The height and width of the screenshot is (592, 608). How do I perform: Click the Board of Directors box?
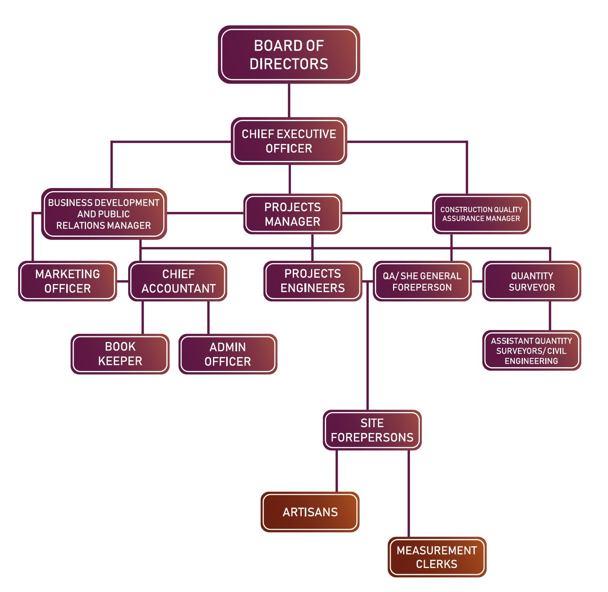289,55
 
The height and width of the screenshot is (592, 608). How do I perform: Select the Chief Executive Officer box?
289,141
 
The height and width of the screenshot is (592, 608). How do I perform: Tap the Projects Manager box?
292,214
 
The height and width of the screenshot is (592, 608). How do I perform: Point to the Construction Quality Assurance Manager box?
481,214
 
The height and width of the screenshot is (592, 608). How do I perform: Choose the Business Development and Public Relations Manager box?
103,214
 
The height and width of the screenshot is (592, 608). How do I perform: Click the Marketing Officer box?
67,281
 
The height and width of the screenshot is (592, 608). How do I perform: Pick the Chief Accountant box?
178,281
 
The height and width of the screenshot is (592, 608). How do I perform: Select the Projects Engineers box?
313,281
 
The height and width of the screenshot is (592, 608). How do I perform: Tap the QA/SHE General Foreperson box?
422,281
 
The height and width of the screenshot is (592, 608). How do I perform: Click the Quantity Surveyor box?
531,281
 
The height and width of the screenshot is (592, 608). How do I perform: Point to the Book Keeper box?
120,354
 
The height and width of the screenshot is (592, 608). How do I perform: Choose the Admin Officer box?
228,354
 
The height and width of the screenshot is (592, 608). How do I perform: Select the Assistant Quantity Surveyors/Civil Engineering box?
531,351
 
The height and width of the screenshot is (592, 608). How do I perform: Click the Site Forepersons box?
372,430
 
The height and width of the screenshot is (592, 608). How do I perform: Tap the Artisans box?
310,512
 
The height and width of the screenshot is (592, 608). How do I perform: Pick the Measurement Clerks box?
436,557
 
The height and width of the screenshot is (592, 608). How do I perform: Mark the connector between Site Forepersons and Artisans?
337,471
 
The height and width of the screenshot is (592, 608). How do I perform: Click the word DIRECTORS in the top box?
289,64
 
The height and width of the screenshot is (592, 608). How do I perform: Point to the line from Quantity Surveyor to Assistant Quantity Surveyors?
550,315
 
